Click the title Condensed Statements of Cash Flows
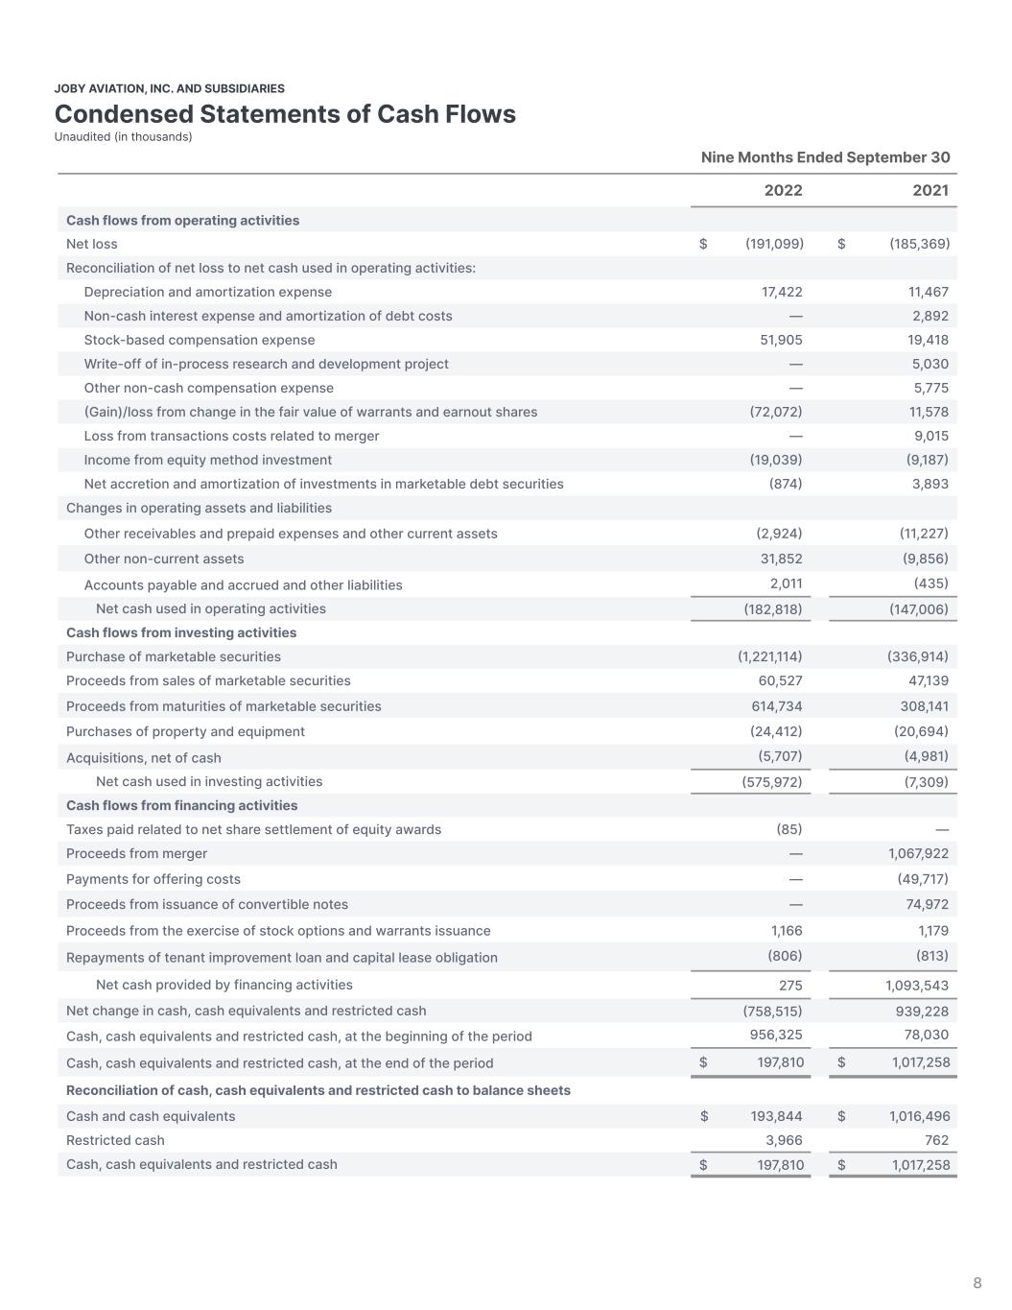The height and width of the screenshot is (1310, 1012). [x=285, y=114]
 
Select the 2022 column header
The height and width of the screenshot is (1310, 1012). [x=783, y=190]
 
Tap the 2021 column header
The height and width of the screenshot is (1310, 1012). [x=930, y=190]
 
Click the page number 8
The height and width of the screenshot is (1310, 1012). [x=977, y=1283]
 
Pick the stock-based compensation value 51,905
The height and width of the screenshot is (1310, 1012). [x=782, y=340]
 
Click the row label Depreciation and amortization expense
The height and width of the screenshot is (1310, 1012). [x=207, y=292]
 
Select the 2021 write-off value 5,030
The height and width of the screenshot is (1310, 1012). [x=930, y=364]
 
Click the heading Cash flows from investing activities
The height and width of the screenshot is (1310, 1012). [x=181, y=632]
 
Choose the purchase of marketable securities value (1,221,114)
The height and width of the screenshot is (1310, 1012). [x=769, y=656]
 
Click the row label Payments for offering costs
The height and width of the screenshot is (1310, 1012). [x=153, y=879]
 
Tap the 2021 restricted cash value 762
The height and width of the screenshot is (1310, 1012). [x=936, y=1140]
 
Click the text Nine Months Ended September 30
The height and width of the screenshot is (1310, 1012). [x=825, y=157]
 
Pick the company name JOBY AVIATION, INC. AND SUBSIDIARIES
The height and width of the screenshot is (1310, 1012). [x=169, y=88]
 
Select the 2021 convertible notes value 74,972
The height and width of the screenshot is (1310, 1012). [x=927, y=904]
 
